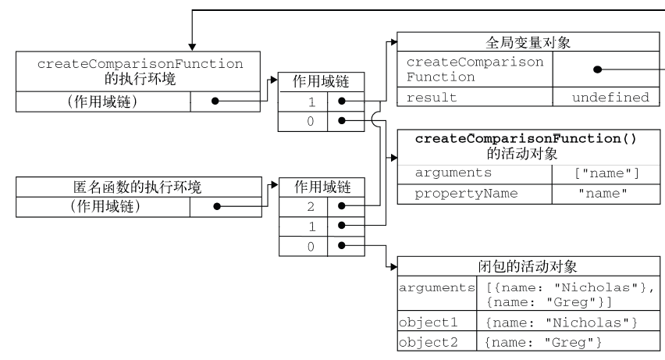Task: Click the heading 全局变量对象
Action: pyautogui.click(x=528, y=42)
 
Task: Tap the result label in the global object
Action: pyautogui.click(x=432, y=98)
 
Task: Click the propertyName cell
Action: pyautogui.click(x=466, y=194)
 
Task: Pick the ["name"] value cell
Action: pyautogui.click(x=606, y=173)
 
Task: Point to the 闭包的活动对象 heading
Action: pyautogui.click(x=528, y=266)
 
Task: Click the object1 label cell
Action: pyautogui.click(x=429, y=323)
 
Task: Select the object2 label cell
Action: pyautogui.click(x=429, y=342)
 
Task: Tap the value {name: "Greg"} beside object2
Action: pyautogui.click(x=543, y=342)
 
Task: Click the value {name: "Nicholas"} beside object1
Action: pyautogui.click(x=561, y=323)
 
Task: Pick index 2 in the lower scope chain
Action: pyautogui.click(x=311, y=206)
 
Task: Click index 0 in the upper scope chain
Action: pyautogui.click(x=311, y=121)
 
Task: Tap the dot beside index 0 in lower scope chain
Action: pyautogui.click(x=342, y=245)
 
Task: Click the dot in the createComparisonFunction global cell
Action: pyautogui.click(x=598, y=70)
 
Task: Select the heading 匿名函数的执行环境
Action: pyautogui.click(x=137, y=187)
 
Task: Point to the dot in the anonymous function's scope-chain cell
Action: pyautogui.click(x=217, y=206)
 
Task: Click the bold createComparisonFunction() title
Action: pyautogui.click(x=526, y=139)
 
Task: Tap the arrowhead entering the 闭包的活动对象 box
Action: pyautogui.click(x=394, y=266)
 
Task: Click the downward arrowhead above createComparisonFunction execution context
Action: pyautogui.click(x=192, y=47)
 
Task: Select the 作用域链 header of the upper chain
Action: pyautogui.click(x=321, y=81)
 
